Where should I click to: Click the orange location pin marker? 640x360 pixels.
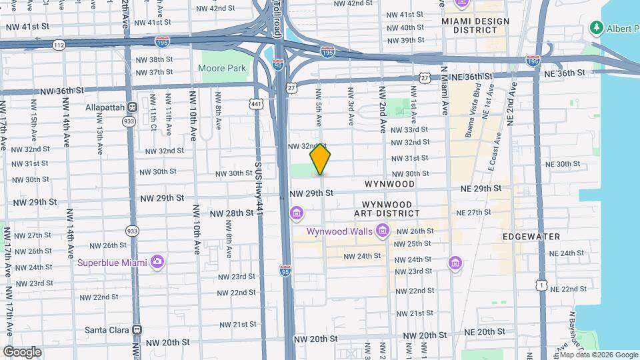[x=321, y=159]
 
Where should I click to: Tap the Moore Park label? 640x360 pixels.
[x=222, y=68]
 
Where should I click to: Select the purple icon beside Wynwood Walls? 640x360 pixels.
[x=383, y=231]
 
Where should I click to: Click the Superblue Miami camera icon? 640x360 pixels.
[x=157, y=261]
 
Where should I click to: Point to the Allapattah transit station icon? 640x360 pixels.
[x=133, y=107]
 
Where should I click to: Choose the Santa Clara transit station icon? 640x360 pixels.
[x=137, y=329]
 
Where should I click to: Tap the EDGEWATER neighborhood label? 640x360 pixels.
[x=531, y=237]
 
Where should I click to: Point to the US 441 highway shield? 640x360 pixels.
[x=255, y=104]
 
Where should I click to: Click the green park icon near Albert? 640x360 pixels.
[x=595, y=28]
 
